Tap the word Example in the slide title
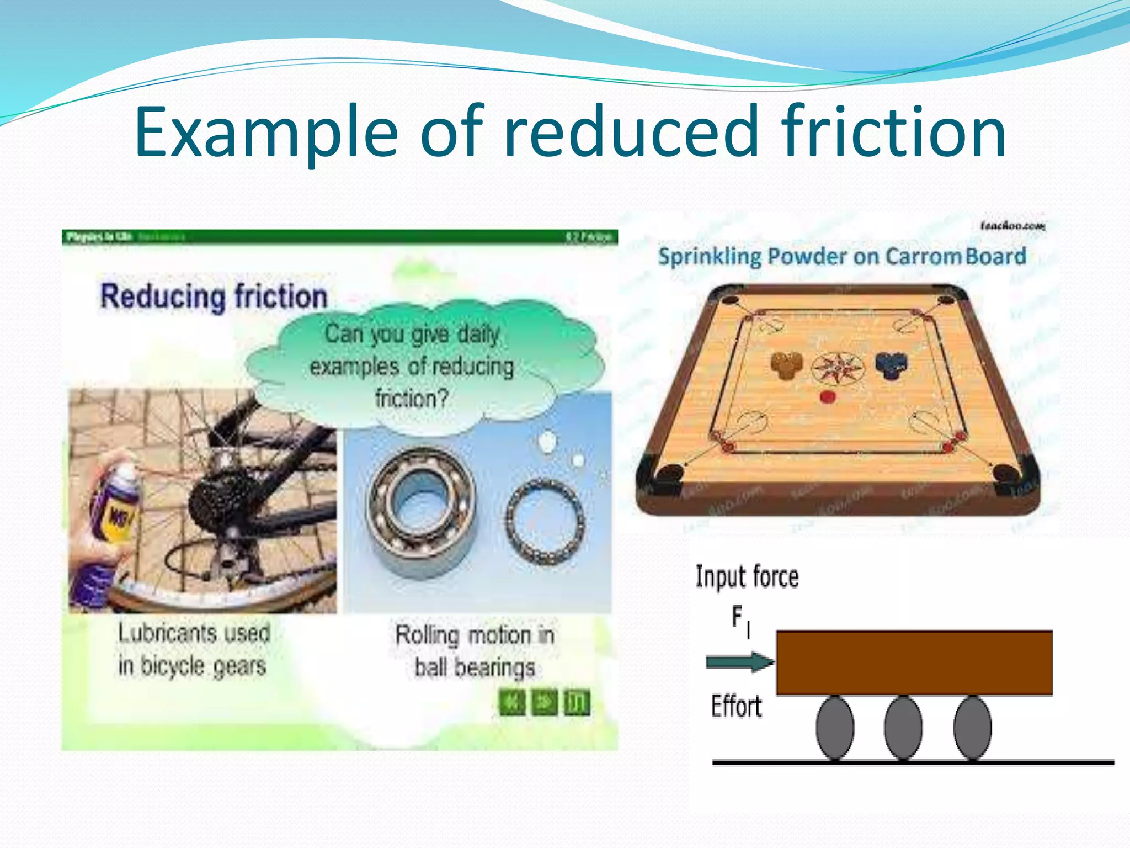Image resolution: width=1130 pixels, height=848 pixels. pyautogui.click(x=265, y=132)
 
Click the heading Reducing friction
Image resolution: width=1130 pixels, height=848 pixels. pyautogui.click(x=214, y=296)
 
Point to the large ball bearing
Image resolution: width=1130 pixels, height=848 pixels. pyautogui.click(x=422, y=505)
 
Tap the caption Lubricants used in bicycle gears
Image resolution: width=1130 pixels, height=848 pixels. pyautogui.click(x=193, y=649)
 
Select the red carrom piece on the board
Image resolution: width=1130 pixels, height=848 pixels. pyautogui.click(x=828, y=396)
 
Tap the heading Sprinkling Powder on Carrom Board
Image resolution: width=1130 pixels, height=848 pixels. pyautogui.click(x=842, y=257)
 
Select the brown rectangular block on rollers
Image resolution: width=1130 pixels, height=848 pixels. pyautogui.click(x=914, y=662)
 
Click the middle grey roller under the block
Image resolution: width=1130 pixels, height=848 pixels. pyautogui.click(x=903, y=728)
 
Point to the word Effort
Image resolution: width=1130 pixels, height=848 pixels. pyautogui.click(x=736, y=706)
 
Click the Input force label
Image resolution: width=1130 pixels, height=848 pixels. pyautogui.click(x=747, y=577)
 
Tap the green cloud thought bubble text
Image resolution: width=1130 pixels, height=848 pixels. pyautogui.click(x=412, y=366)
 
